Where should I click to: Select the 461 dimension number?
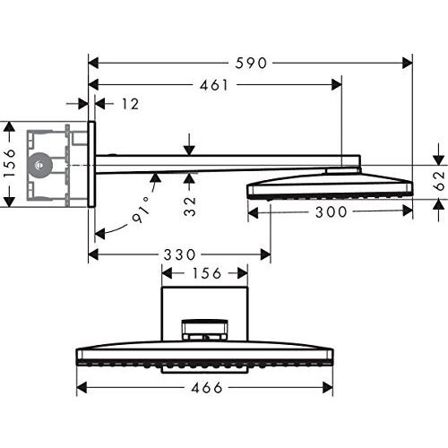[x=213, y=85]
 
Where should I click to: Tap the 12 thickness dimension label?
[x=130, y=105]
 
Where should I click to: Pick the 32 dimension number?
[x=189, y=207]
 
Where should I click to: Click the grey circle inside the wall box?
[x=39, y=165]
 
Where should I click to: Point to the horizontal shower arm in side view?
[x=224, y=161]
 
